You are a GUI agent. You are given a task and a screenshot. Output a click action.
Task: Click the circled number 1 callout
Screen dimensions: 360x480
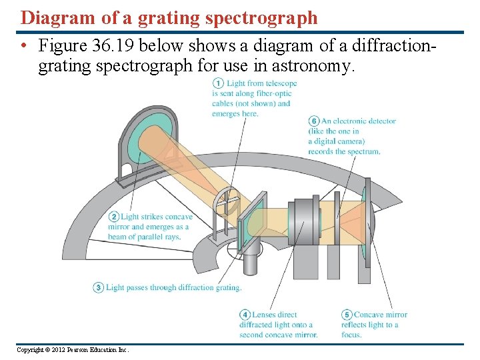(218, 83)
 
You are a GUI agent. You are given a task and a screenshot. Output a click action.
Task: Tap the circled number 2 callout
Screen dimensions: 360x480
(114, 217)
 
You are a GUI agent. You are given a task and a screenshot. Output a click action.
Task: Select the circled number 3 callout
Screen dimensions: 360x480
(99, 287)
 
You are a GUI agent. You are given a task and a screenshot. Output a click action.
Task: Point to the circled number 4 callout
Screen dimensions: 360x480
(245, 315)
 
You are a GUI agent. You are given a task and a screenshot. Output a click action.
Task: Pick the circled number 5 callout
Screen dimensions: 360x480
(347, 315)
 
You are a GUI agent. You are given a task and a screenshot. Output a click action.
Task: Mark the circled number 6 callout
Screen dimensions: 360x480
(314, 121)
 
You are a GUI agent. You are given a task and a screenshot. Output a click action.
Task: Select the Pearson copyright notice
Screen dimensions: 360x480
(73, 350)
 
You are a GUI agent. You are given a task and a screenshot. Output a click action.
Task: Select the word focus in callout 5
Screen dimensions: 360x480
(351, 335)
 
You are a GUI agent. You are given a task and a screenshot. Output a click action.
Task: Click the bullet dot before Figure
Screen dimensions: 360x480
(23, 47)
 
